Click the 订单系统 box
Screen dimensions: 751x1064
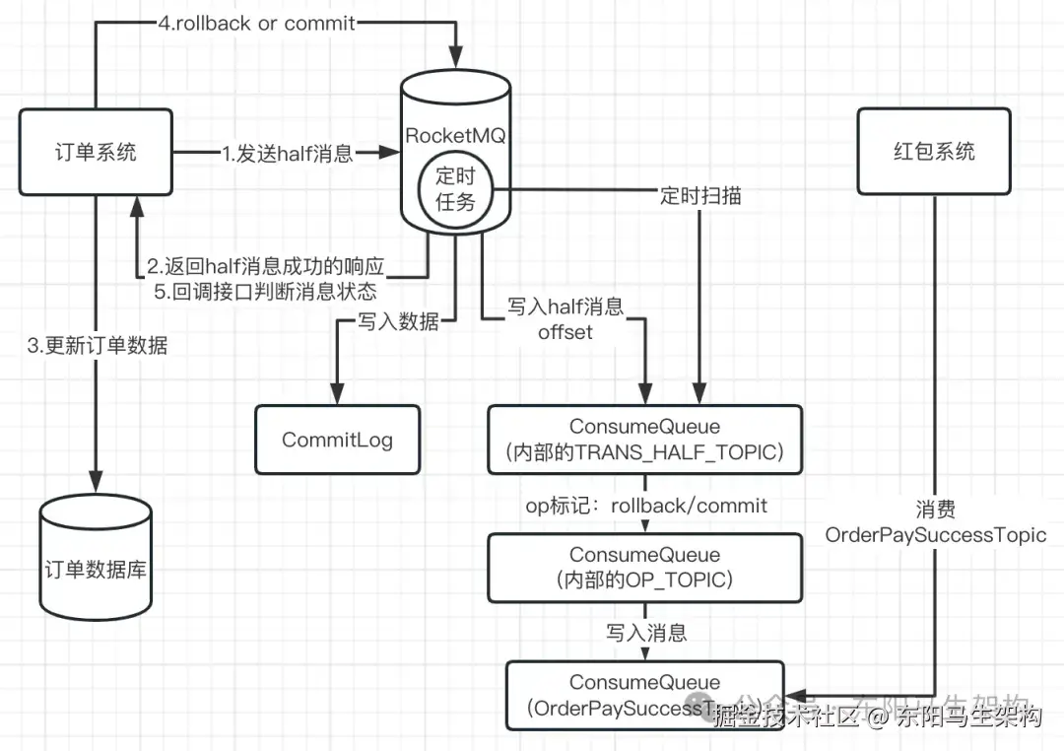tap(96, 151)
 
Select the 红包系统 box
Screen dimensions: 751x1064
tap(933, 151)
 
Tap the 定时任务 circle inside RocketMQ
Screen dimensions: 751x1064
tap(455, 188)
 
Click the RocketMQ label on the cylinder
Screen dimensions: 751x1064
tap(455, 136)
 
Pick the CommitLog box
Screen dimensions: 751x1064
tap(337, 440)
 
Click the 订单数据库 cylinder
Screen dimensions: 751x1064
tap(96, 569)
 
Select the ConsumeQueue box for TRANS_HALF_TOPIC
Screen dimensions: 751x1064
tap(645, 440)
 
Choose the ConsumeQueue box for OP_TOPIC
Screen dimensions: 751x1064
tap(645, 568)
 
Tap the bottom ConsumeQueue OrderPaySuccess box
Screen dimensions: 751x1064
tap(645, 694)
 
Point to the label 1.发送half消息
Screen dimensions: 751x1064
tap(287, 153)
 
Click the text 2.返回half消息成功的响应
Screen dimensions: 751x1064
tap(265, 267)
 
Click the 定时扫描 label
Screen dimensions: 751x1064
tap(700, 196)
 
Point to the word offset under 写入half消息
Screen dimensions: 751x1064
tap(565, 332)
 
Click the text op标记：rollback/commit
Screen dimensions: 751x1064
tap(645, 505)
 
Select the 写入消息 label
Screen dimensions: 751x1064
tap(646, 632)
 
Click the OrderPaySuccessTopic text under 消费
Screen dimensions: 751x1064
tap(936, 535)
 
